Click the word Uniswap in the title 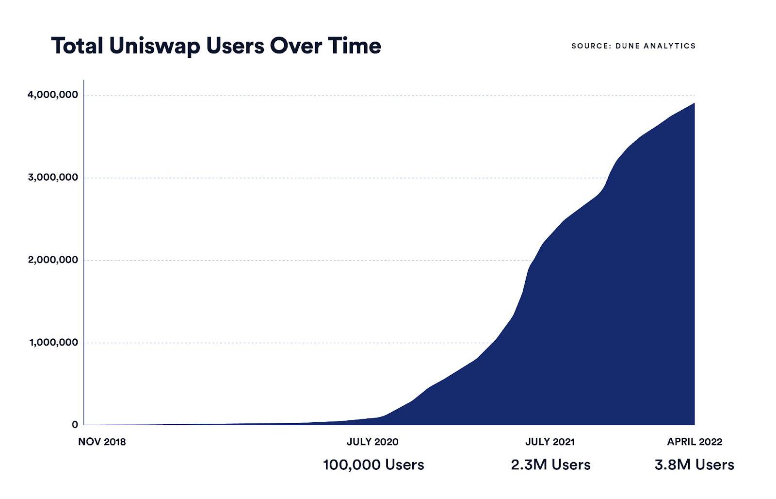coord(153,46)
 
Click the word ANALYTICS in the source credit coord(670,46)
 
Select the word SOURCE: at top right coord(591,46)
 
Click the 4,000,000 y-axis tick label coord(53,95)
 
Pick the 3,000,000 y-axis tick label coord(53,177)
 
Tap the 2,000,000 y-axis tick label coord(53,260)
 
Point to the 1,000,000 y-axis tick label coord(53,342)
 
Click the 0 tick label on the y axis coord(75,425)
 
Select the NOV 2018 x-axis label coord(102,442)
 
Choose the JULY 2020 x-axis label coord(372,442)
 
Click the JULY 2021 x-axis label coord(550,442)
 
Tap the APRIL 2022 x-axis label coord(695,442)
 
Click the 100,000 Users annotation coord(373,465)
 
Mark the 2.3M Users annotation coord(550,465)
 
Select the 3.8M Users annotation coord(694,465)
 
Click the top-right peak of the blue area coord(694,104)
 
